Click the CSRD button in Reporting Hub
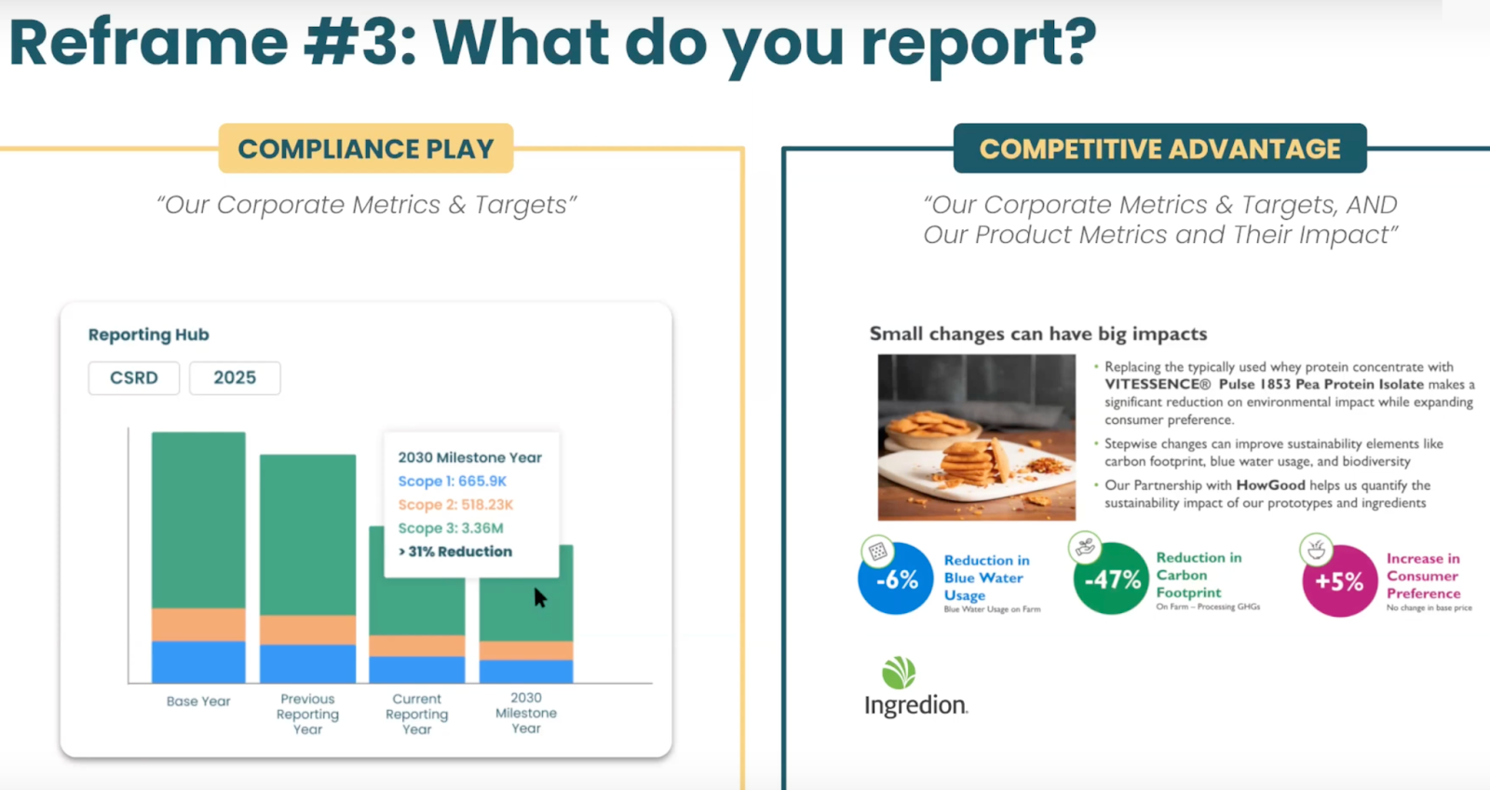coord(134,377)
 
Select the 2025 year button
coord(235,377)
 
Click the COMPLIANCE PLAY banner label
coord(366,149)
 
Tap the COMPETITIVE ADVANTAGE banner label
coord(1159,149)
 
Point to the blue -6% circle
coord(896,579)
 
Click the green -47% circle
coord(1112,579)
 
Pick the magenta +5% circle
coord(1339,581)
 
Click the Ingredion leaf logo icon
coord(899,673)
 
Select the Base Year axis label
coord(198,701)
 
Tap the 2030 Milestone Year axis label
coord(526,713)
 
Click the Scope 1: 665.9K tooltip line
coord(453,481)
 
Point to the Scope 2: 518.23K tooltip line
coord(455,504)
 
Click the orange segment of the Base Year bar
coord(198,624)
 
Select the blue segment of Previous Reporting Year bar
coord(307,663)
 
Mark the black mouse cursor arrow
coord(539,597)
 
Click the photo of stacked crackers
coord(976,437)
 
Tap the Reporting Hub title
coord(149,334)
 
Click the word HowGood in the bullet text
coord(1270,485)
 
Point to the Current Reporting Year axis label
coord(417,714)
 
